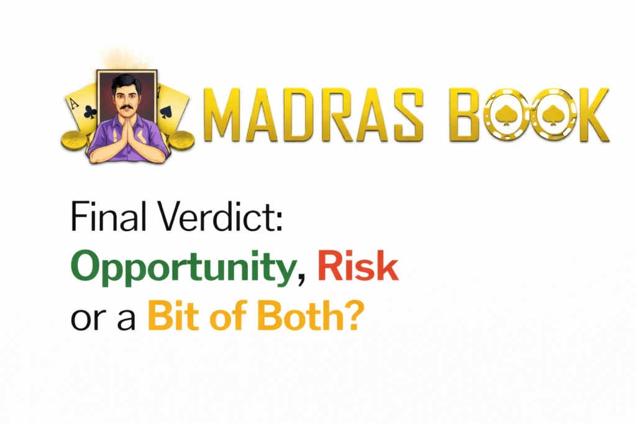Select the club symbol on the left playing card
click(x=89, y=112)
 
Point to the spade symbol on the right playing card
click(x=166, y=112)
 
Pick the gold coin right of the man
click(x=181, y=140)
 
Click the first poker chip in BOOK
click(x=507, y=116)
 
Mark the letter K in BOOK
click(x=593, y=116)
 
